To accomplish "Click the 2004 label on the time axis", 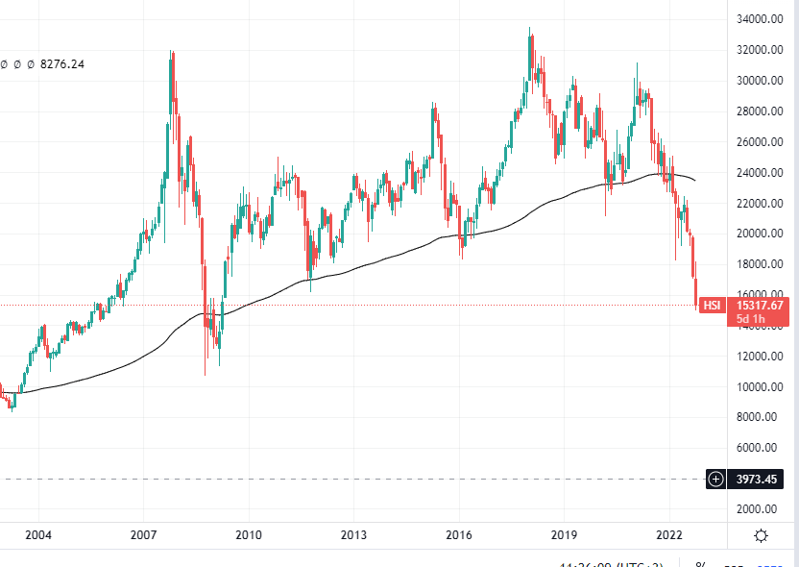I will click(37, 535).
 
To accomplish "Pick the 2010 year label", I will click(249, 535).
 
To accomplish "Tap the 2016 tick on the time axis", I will click(459, 535).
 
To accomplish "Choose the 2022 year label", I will click(669, 535).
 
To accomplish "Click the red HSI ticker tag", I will click(712, 306).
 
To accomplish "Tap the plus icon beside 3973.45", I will click(716, 479).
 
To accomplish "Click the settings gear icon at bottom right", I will click(761, 536).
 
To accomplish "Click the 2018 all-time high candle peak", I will click(530, 30).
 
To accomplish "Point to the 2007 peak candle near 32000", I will click(171, 52).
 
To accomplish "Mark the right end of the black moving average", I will click(695, 181).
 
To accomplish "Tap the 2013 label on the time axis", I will click(353, 535).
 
